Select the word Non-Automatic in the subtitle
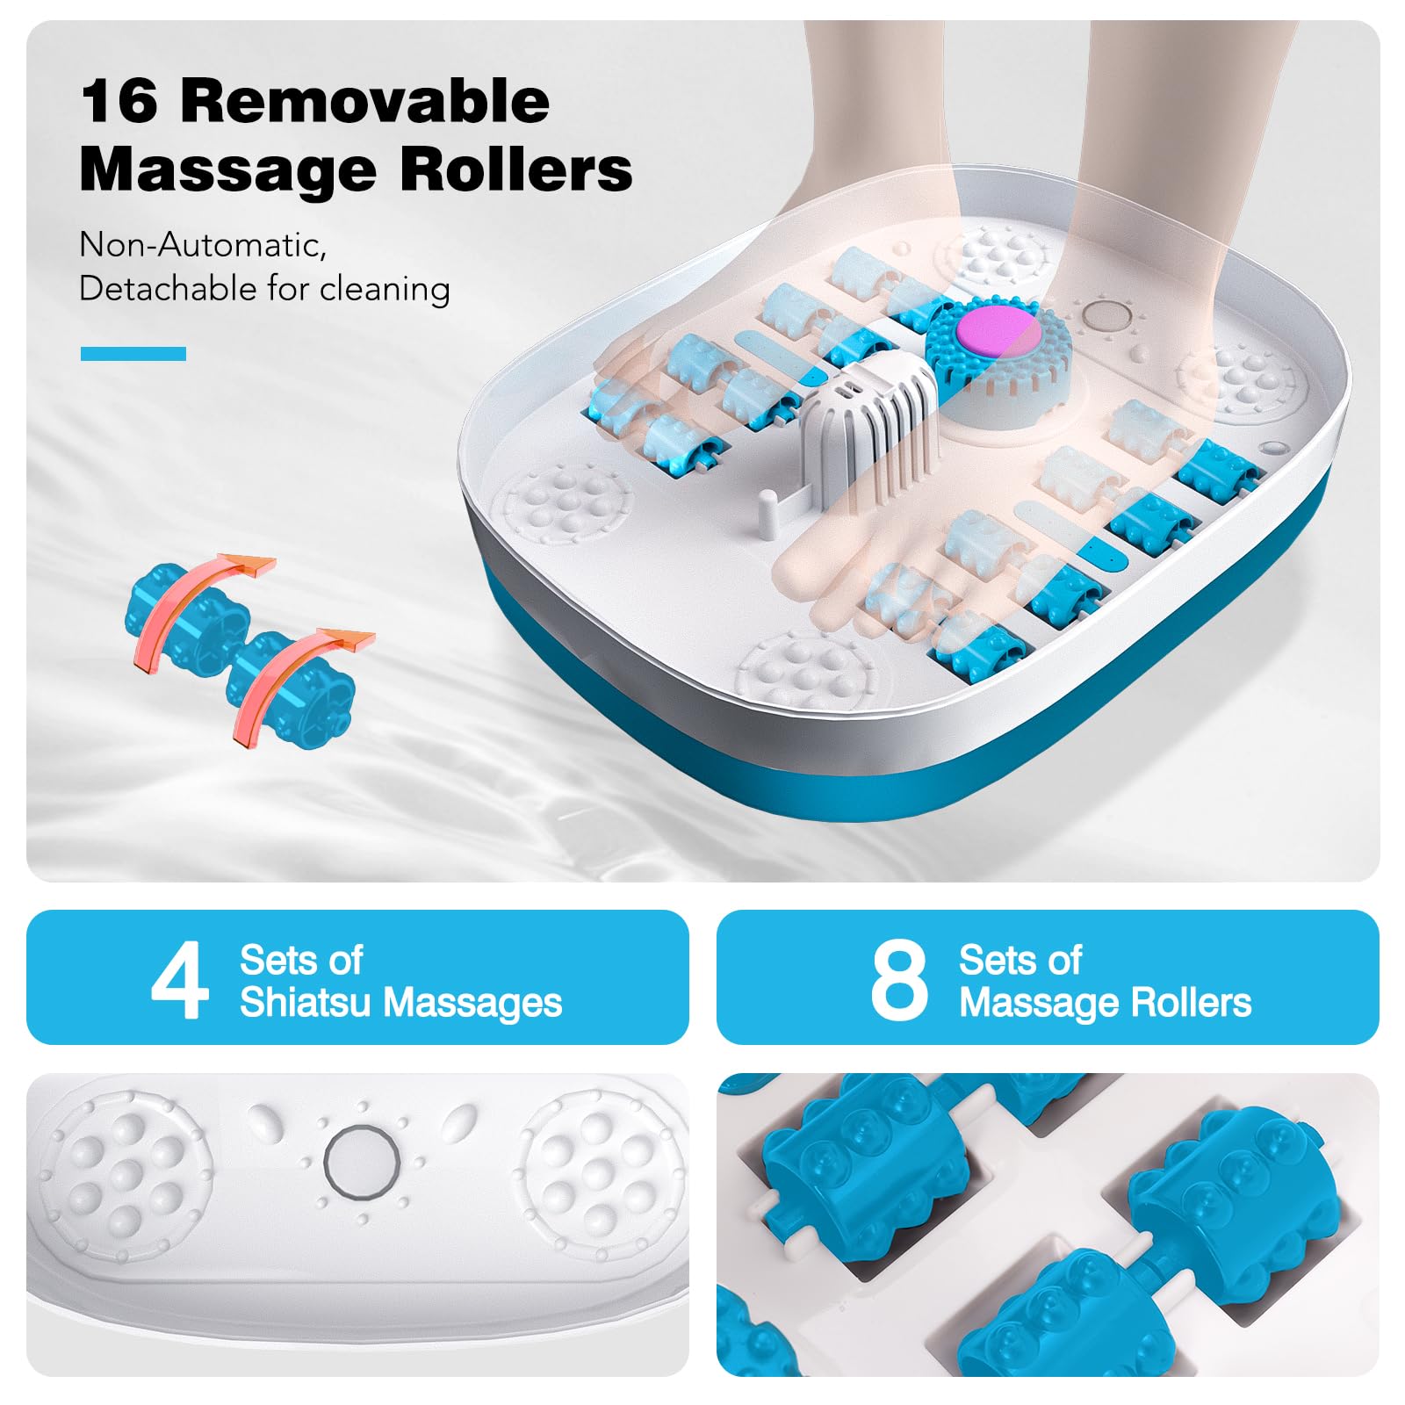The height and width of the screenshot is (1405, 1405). [203, 245]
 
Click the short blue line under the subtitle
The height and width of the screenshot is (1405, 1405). [133, 354]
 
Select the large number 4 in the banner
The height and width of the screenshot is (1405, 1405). [180, 979]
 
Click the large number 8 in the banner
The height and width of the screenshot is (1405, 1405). [898, 979]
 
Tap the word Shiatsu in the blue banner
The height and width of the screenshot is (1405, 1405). [305, 1002]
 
